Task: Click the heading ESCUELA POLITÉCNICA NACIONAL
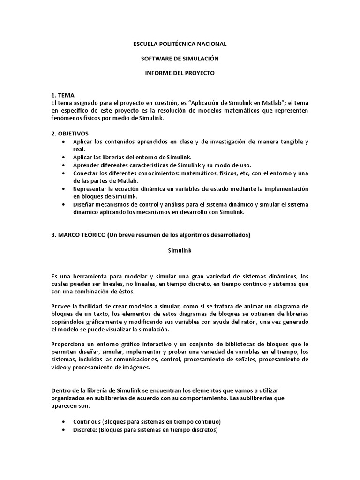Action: [x=180, y=44]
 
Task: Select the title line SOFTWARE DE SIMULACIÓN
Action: [x=180, y=59]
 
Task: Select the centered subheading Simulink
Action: [x=180, y=250]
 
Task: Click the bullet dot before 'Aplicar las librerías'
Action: [x=64, y=157]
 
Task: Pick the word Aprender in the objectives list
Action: [x=86, y=165]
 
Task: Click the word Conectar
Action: [x=86, y=173]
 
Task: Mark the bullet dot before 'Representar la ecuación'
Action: [x=64, y=188]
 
